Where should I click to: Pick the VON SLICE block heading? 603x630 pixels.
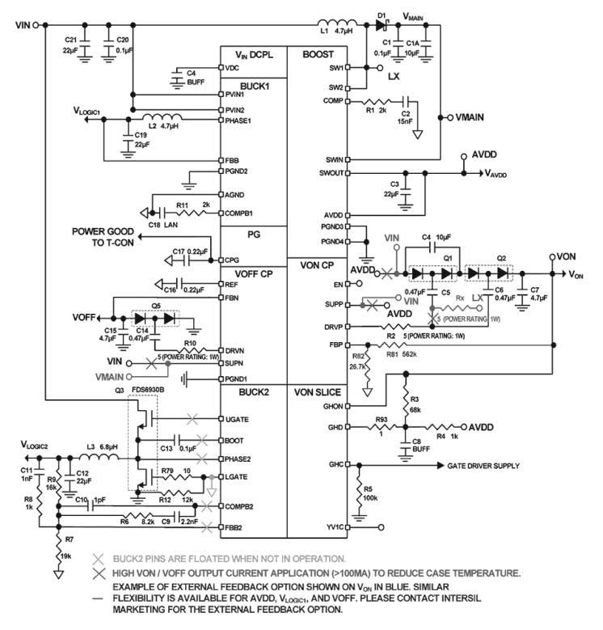[317, 392]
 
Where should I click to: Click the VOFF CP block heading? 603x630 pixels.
[254, 273]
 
